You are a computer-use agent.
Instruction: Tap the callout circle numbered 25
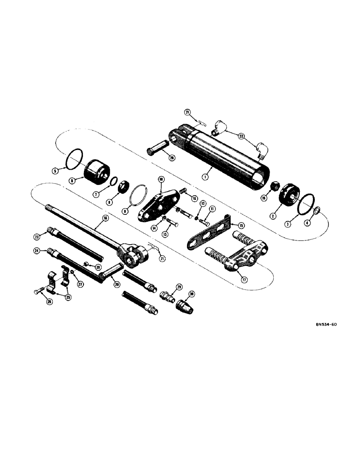69,297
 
